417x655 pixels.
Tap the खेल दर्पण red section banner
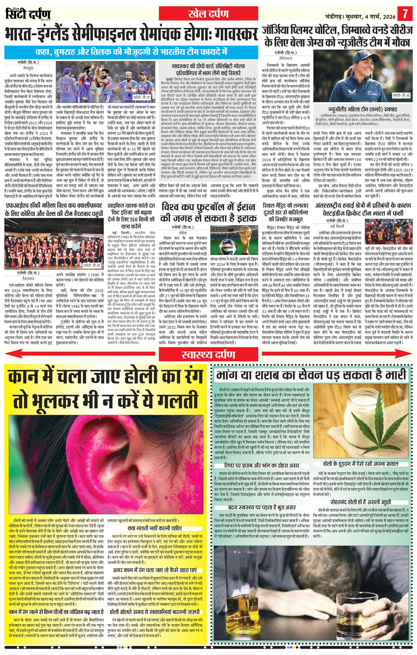click(x=208, y=14)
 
